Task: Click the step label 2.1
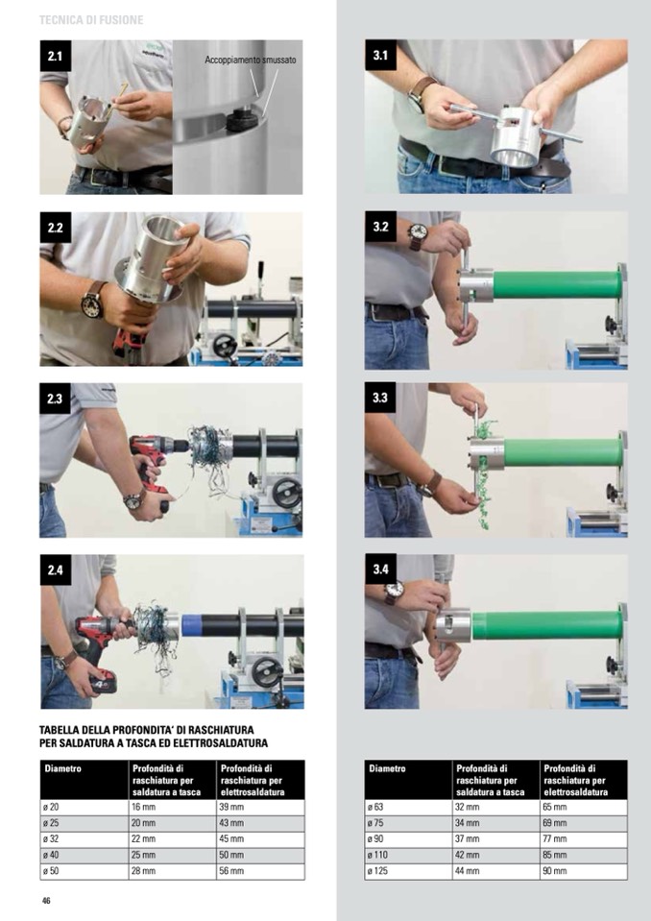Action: pyautogui.click(x=55, y=56)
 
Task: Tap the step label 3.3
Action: pyautogui.click(x=380, y=398)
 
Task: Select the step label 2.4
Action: pyautogui.click(x=55, y=570)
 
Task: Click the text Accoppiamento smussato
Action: pyautogui.click(x=250, y=60)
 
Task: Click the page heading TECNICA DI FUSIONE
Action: pyautogui.click(x=91, y=20)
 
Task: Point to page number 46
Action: pyautogui.click(x=46, y=901)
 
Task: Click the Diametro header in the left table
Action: pyautogui.click(x=62, y=768)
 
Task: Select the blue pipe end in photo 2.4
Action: pyautogui.click(x=189, y=625)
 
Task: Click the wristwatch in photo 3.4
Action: pyautogui.click(x=395, y=592)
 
